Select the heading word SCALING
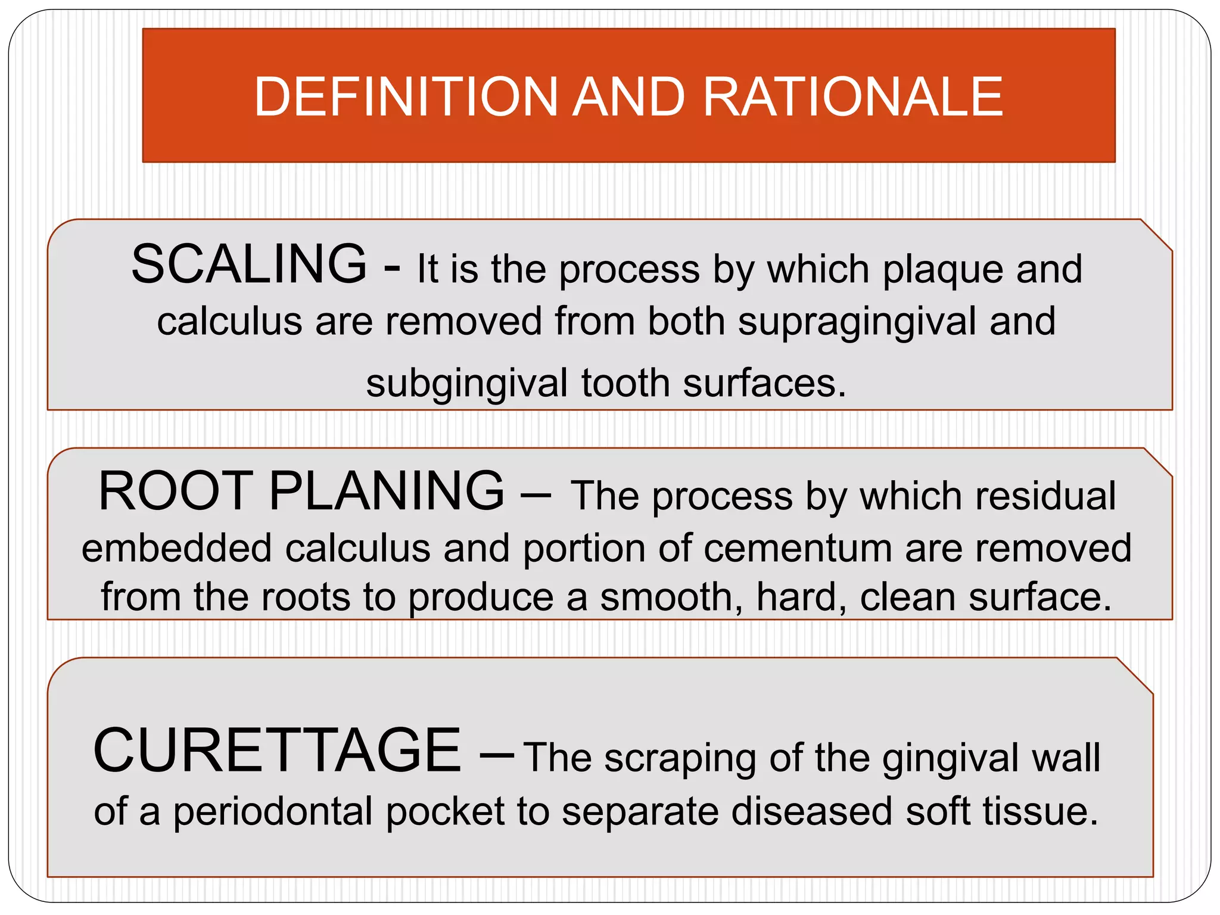tap(249, 264)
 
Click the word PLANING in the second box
tap(387, 491)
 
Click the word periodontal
tap(273, 812)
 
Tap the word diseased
tap(811, 812)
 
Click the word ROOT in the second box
tap(176, 491)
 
